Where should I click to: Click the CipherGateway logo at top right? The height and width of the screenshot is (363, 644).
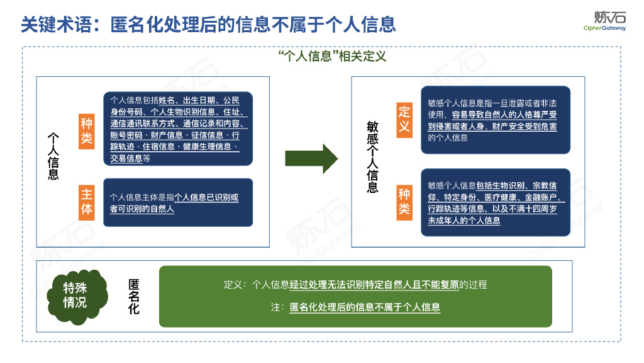pyautogui.click(x=604, y=21)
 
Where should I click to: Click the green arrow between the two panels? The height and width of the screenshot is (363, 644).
pyautogui.click(x=312, y=158)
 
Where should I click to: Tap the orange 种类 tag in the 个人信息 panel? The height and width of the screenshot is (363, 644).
pyautogui.click(x=87, y=132)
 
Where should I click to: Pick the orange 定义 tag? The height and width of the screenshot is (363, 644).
pyautogui.click(x=404, y=119)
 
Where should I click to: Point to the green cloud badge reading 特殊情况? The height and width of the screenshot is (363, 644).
pyautogui.click(x=75, y=296)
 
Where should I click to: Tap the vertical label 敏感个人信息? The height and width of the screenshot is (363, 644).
pyautogui.click(x=372, y=157)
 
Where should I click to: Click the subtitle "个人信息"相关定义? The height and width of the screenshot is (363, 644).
pyautogui.click(x=331, y=56)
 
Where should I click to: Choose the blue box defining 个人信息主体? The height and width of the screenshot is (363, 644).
pyautogui.click(x=178, y=202)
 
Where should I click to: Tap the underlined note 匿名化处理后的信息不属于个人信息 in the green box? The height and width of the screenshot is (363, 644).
pyautogui.click(x=365, y=308)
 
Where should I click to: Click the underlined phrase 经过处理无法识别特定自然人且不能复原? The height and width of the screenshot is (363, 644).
pyautogui.click(x=374, y=285)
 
